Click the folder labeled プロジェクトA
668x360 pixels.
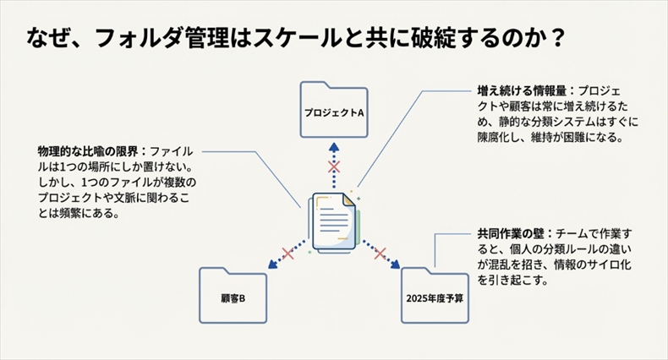[x=333, y=109]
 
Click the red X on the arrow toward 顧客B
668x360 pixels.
[x=287, y=253]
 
